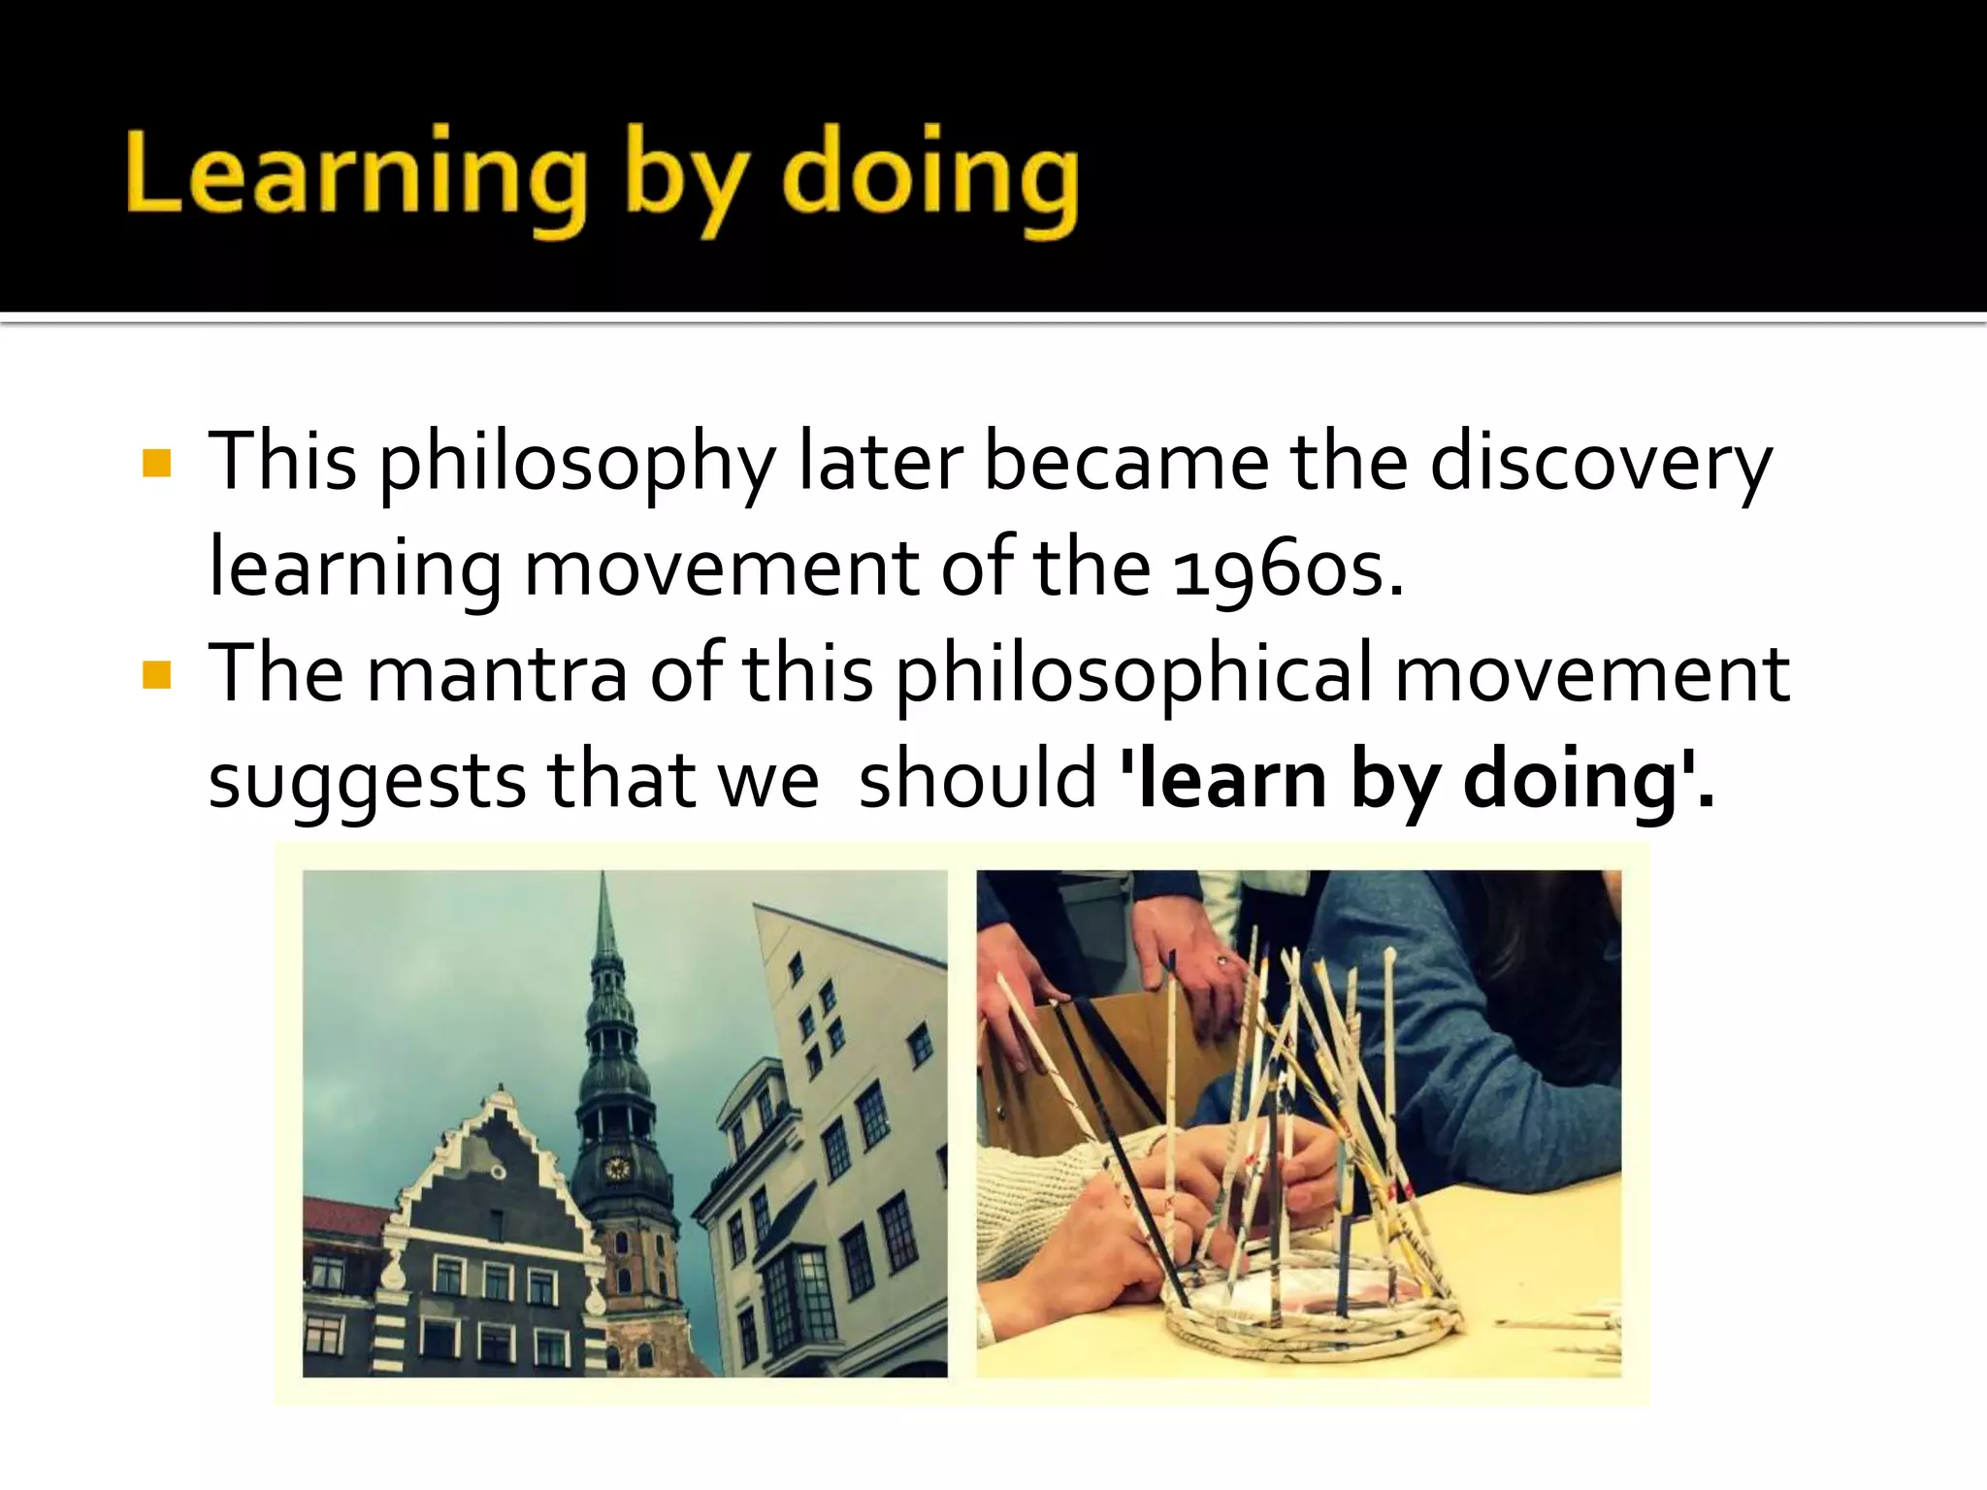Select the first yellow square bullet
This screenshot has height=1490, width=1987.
click(x=155, y=464)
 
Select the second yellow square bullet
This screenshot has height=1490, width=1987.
click(x=155, y=674)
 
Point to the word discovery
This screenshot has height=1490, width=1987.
click(x=1601, y=464)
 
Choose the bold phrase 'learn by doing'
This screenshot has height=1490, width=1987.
click(x=1417, y=781)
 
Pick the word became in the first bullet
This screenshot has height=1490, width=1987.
click(x=1125, y=464)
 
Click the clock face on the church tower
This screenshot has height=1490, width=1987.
click(x=617, y=1167)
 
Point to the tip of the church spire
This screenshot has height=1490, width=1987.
click(x=603, y=878)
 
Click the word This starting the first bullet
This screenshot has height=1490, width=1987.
click(x=282, y=464)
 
